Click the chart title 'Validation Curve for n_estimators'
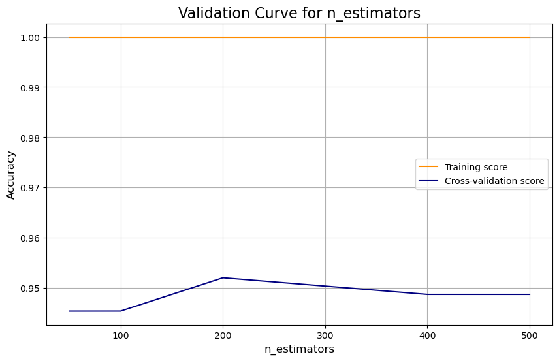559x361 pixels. [x=299, y=13]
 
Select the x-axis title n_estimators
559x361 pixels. [x=299, y=349]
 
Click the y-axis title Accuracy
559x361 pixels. [x=10, y=174]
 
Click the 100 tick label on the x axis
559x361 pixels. [x=121, y=334]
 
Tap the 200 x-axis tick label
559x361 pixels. [x=223, y=334]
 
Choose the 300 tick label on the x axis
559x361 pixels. [x=325, y=334]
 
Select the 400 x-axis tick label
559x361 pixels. [x=427, y=334]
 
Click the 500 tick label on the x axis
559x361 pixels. [x=530, y=334]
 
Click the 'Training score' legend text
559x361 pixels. [x=476, y=167]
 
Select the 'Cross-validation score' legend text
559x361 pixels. [x=494, y=181]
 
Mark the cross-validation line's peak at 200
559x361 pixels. [x=223, y=278]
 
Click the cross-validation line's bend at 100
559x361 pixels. [x=121, y=311]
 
